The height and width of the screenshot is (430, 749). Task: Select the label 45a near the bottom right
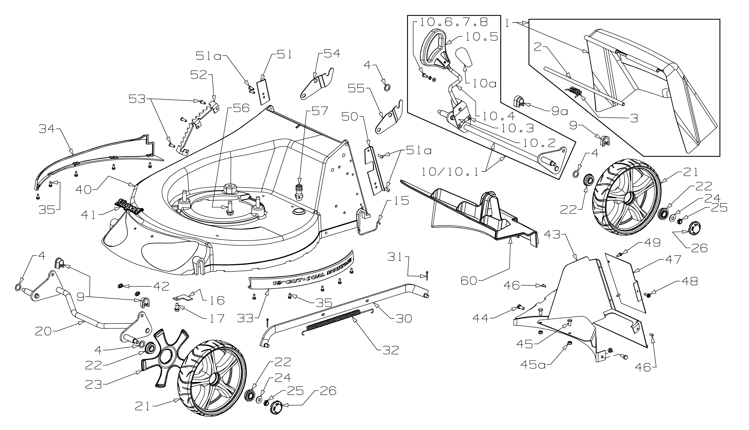(x=532, y=365)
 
